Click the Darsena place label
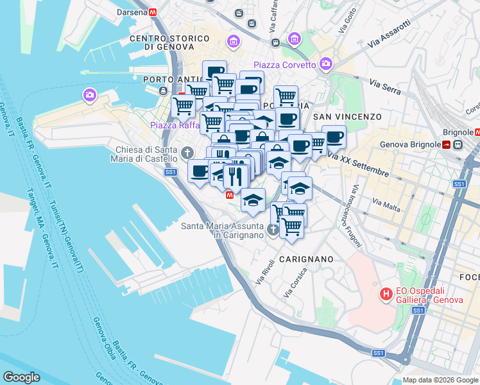131,12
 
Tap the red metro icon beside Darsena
153,12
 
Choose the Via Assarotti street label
390,43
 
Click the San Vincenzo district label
347,117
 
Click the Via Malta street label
387,205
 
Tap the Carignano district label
305,259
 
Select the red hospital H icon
386,295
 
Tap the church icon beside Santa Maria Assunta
273,229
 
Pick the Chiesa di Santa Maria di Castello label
146,153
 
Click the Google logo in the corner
21,377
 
